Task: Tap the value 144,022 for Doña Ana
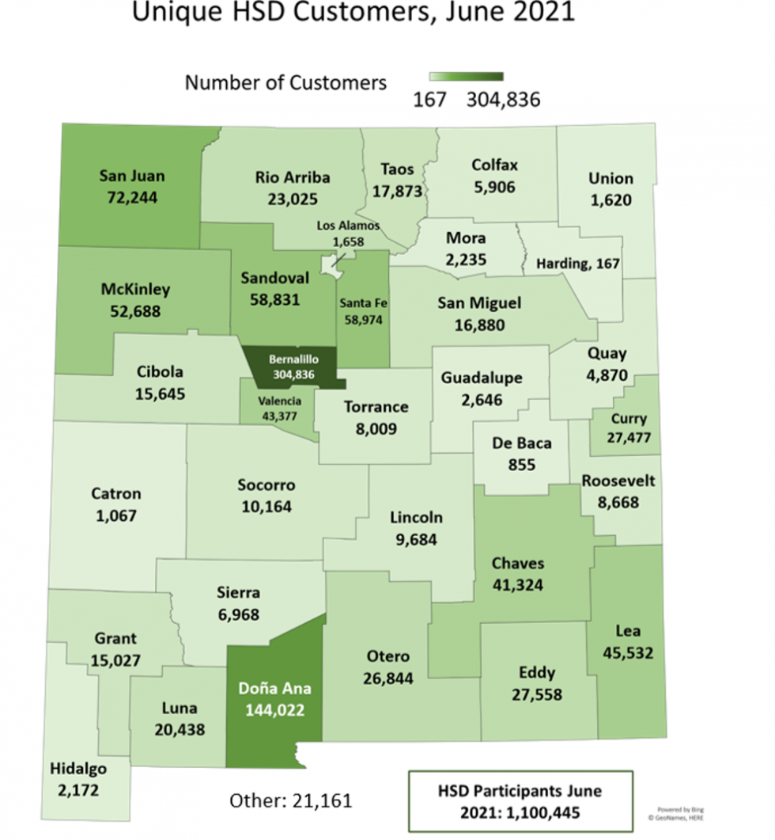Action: coord(275,709)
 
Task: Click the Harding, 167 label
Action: coord(577,263)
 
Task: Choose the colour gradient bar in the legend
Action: coord(467,77)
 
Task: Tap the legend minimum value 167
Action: coord(430,100)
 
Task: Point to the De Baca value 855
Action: coord(522,463)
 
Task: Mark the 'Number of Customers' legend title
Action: coord(286,82)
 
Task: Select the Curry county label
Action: coord(629,419)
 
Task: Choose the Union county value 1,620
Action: coord(611,199)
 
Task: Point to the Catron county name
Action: coord(115,494)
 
